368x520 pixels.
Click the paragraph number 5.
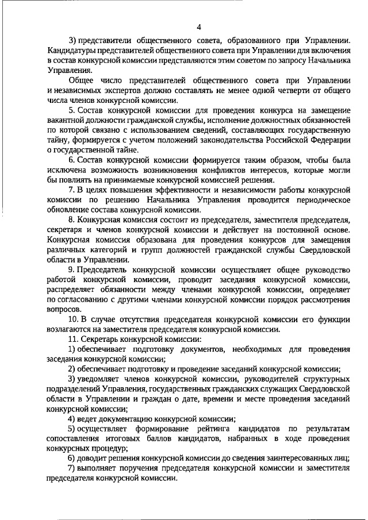(71, 110)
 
